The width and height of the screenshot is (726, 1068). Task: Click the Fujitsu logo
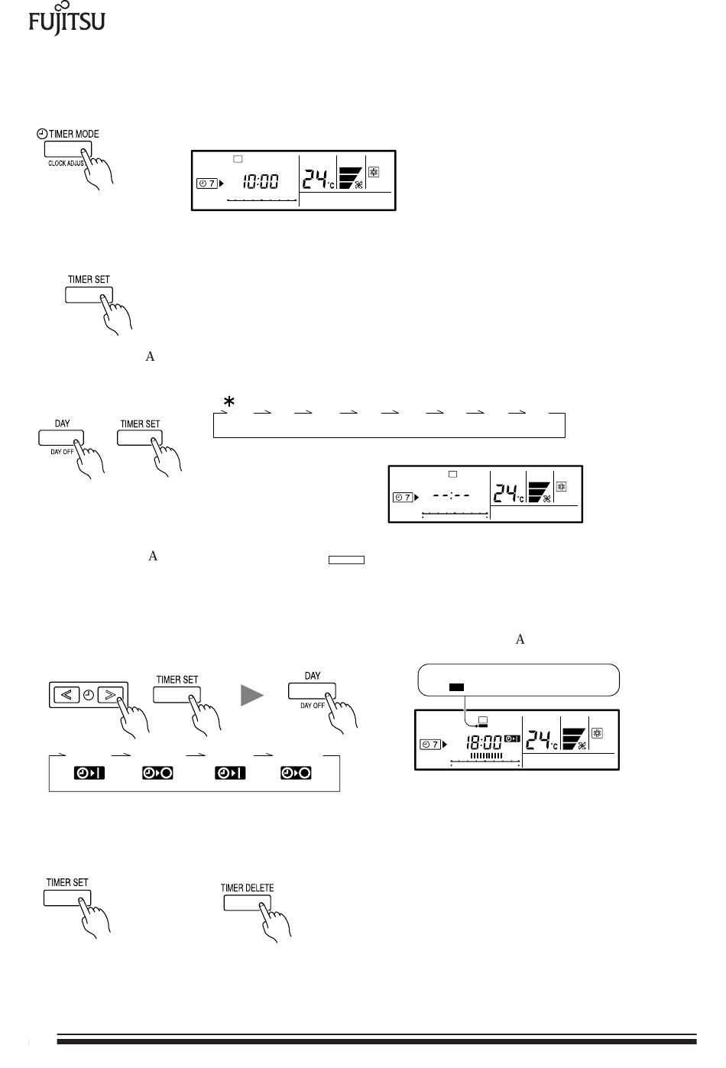pos(66,19)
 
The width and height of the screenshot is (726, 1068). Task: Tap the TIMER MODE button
pos(68,150)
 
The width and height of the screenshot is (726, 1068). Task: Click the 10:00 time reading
pos(261,182)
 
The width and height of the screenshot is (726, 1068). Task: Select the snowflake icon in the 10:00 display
pos(374,173)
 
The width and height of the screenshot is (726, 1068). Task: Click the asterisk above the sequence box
pos(228,402)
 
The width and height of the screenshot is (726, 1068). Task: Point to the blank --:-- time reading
pos(451,495)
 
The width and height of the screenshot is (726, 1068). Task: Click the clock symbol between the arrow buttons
pos(88,695)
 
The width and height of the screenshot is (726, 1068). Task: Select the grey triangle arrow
pos(251,695)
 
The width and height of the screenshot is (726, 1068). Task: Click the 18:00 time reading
pos(484,742)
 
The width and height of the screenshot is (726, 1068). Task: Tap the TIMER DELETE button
pos(247,902)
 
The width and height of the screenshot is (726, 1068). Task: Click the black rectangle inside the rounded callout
pos(456,687)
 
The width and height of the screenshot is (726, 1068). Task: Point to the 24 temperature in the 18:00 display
pos(541,740)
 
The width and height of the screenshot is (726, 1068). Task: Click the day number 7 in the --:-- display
pos(407,498)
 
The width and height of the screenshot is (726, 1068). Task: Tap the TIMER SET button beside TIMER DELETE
pos(67,897)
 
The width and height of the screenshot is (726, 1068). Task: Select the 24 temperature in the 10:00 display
pos(316,180)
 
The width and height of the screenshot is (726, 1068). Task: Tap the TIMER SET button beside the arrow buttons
pos(177,694)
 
